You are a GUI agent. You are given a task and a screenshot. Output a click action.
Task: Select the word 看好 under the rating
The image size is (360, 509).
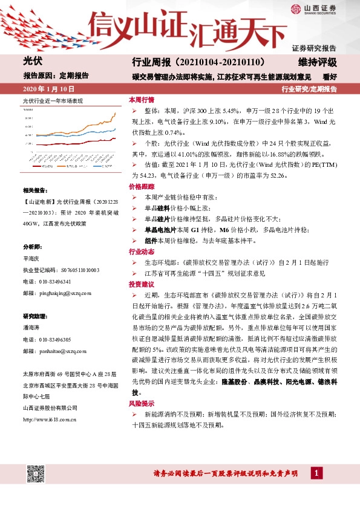click(330, 76)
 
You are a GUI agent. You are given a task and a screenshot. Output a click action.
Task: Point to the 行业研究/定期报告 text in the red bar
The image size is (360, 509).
click(309, 89)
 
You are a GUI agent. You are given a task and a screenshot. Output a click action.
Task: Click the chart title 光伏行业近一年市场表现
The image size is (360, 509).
click(53, 101)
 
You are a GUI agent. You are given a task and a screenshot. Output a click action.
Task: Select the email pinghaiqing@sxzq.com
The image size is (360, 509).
click(57, 293)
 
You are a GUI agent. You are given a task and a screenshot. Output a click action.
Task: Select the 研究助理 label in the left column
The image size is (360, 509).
click(34, 316)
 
